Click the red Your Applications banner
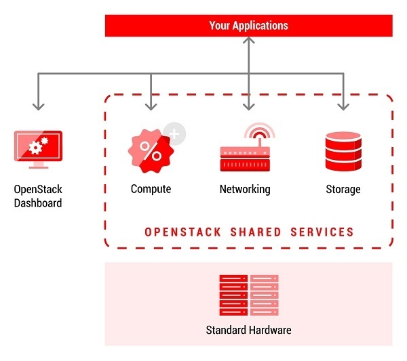248,26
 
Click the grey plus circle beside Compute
174,133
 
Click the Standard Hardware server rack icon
248,295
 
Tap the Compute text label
151,189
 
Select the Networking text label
245,189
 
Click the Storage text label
343,189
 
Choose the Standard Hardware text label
248,331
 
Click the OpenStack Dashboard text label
38,196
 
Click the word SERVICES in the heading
322,232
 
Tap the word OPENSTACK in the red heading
179,232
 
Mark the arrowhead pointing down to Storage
343,106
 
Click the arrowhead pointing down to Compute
151,106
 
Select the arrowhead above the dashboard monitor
38,106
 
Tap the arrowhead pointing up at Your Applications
248,41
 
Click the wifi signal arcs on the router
259,131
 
